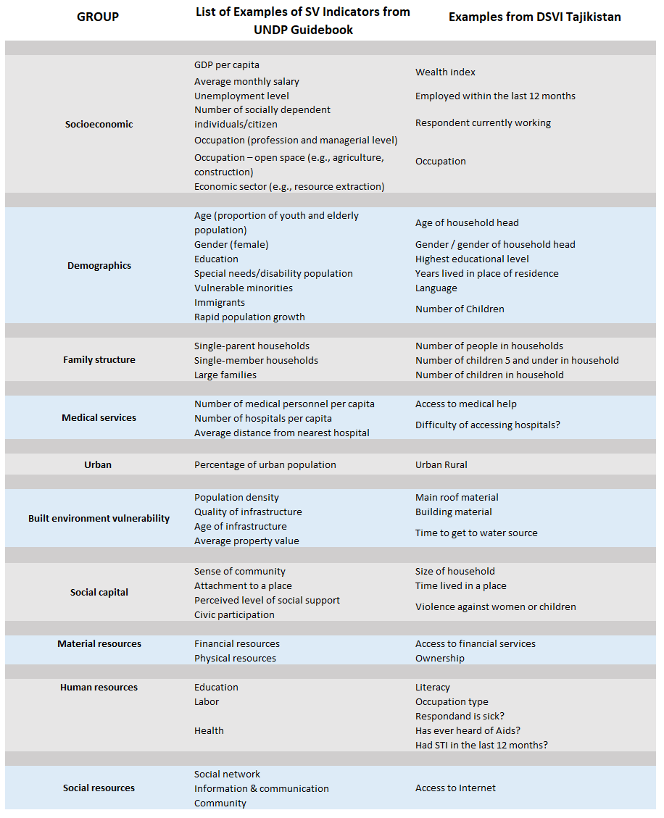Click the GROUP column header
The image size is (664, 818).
point(98,17)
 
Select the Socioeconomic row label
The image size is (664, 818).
point(99,124)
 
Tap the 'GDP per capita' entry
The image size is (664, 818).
point(226,65)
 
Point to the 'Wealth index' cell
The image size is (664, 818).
point(445,72)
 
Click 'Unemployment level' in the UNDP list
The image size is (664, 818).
point(241,96)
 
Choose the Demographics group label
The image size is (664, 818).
point(99,266)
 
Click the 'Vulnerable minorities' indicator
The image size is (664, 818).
point(244,288)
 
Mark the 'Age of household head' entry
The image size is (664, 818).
point(467,223)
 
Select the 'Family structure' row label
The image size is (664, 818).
point(99,360)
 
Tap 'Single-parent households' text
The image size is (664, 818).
point(252,346)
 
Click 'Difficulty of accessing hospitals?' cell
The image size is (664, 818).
point(487,425)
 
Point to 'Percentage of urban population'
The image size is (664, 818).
point(265,464)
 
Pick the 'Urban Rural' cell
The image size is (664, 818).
point(441,464)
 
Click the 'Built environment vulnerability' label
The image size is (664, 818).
point(99,519)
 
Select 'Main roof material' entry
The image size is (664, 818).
point(457,498)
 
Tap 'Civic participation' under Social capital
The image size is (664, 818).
point(234,614)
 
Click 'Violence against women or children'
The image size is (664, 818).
point(495,607)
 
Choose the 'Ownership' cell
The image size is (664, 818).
point(439,658)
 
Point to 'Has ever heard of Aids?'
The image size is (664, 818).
point(468,730)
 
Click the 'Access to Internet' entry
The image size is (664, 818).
point(455,788)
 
